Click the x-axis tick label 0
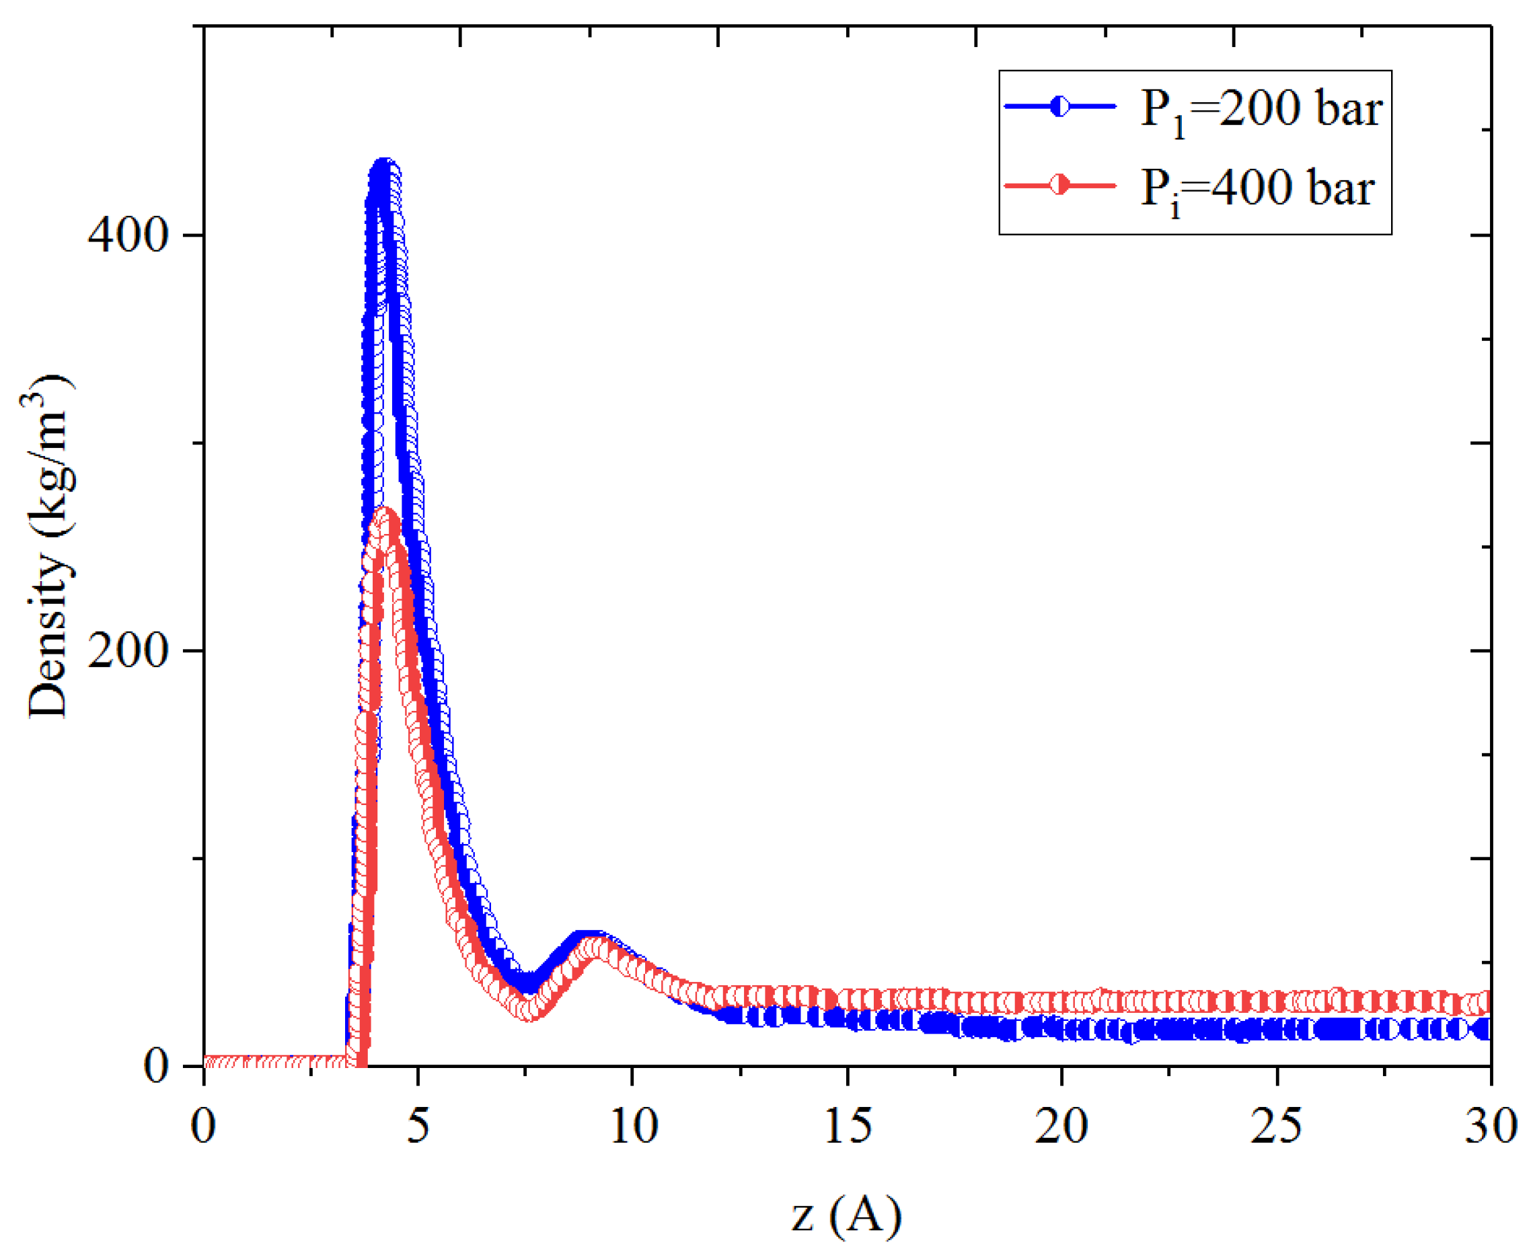coord(204,1127)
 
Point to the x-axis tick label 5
coord(418,1127)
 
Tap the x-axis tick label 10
coord(633,1127)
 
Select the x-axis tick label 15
coord(848,1127)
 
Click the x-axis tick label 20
coord(1061,1127)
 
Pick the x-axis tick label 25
coord(1276,1127)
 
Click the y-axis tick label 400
coord(128,234)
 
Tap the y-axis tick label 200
coord(128,650)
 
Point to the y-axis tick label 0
coord(157,1065)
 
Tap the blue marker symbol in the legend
coord(1060,107)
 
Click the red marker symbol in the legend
coord(1060,186)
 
